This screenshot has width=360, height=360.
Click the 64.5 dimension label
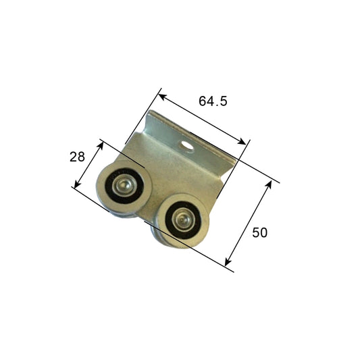213,101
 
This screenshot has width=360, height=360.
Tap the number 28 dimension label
77,157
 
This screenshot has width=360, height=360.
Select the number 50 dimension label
260,232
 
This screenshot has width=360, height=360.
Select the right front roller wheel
180,220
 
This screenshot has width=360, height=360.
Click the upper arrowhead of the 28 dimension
101,143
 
